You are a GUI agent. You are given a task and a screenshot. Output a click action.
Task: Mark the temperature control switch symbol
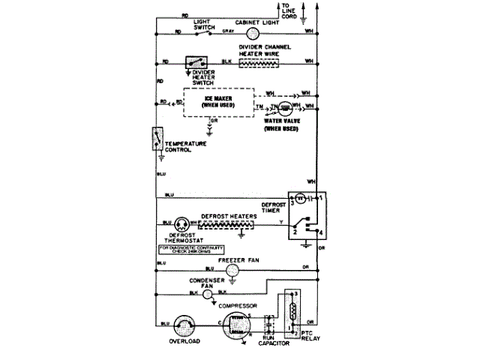[157, 139]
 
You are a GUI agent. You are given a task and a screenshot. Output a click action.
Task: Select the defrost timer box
[307, 217]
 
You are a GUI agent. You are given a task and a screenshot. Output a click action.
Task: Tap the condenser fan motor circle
[207, 295]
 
